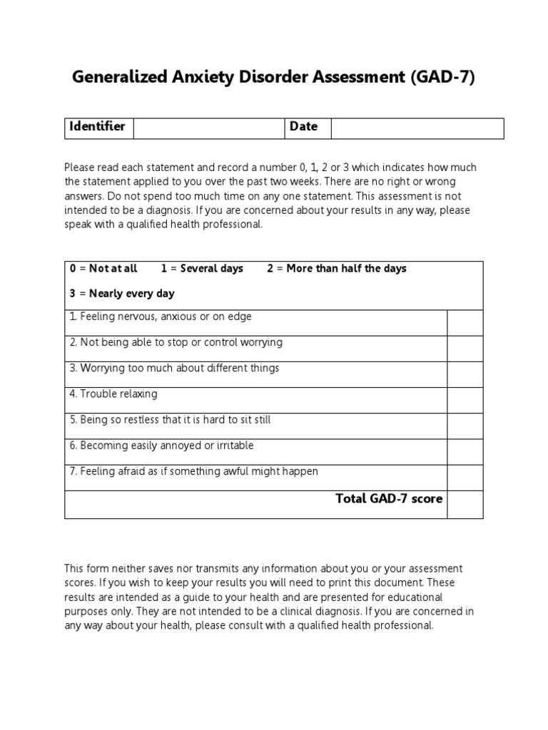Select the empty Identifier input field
click(x=208, y=128)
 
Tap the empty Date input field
click(x=417, y=128)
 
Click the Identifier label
click(x=97, y=127)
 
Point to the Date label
click(x=303, y=127)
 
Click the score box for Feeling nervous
click(x=465, y=322)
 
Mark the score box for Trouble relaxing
click(x=465, y=400)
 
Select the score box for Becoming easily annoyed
click(x=465, y=451)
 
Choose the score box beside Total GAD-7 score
click(x=465, y=503)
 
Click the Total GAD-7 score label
click(x=389, y=499)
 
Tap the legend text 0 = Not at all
click(x=103, y=269)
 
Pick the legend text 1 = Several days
click(x=202, y=269)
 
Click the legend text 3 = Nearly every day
click(x=122, y=294)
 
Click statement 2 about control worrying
click(x=176, y=343)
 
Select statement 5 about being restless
click(x=171, y=420)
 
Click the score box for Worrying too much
click(x=465, y=374)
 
